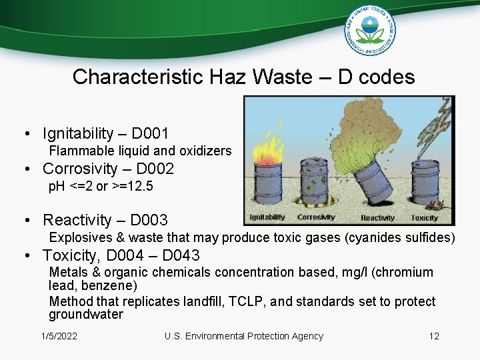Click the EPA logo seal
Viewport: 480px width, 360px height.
click(x=370, y=30)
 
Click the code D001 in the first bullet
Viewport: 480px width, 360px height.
click(x=150, y=134)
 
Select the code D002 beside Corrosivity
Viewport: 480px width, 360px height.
click(x=155, y=169)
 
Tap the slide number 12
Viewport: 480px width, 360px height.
click(x=434, y=336)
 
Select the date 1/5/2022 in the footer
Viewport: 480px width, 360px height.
click(x=59, y=336)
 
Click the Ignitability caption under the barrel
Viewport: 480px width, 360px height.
click(x=267, y=217)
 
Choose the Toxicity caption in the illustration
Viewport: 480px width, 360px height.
click(x=424, y=218)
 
